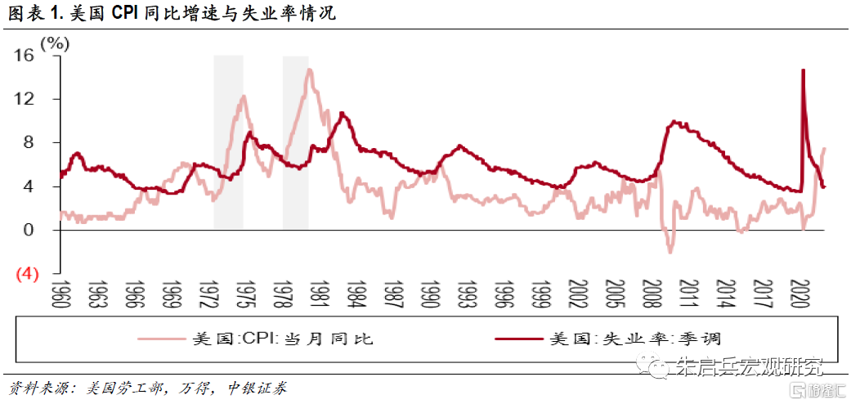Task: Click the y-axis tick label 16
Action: pyautogui.click(x=24, y=56)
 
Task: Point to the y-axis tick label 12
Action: pyautogui.click(x=24, y=99)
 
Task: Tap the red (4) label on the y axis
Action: pyautogui.click(x=26, y=274)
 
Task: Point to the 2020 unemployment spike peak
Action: pyautogui.click(x=803, y=70)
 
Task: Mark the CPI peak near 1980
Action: pyautogui.click(x=309, y=70)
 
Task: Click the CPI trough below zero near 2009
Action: pyautogui.click(x=670, y=251)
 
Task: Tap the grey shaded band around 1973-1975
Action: pyautogui.click(x=228, y=142)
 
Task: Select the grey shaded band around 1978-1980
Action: pyautogui.click(x=295, y=142)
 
